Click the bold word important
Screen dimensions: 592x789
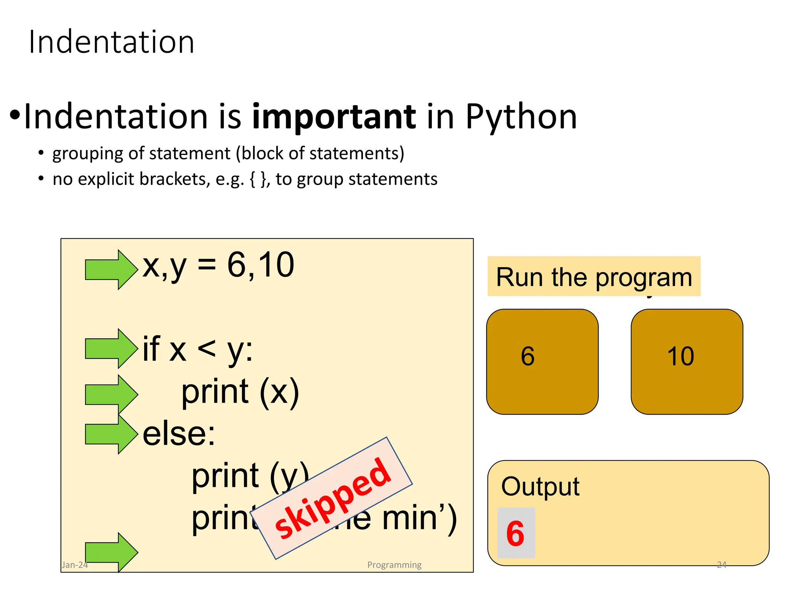tap(334, 116)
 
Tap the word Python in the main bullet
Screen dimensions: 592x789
tap(521, 116)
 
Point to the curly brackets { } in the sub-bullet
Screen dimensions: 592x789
tap(258, 179)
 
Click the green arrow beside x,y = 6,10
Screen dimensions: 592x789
tap(111, 269)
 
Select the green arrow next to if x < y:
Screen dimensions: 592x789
tap(111, 348)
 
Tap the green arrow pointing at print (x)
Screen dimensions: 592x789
tap(111, 394)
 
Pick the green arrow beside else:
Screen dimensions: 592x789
tap(111, 434)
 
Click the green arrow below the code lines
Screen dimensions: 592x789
tap(111, 552)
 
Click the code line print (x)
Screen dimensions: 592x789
tap(240, 392)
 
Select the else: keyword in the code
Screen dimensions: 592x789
tap(179, 434)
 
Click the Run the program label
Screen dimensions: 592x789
tap(594, 277)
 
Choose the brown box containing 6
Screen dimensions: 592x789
tap(542, 362)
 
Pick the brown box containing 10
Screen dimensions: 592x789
tap(687, 362)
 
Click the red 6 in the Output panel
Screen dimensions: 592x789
tap(515, 533)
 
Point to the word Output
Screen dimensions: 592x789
tap(540, 486)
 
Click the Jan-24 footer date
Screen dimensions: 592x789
tap(75, 565)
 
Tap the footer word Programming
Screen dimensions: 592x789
tap(394, 565)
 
